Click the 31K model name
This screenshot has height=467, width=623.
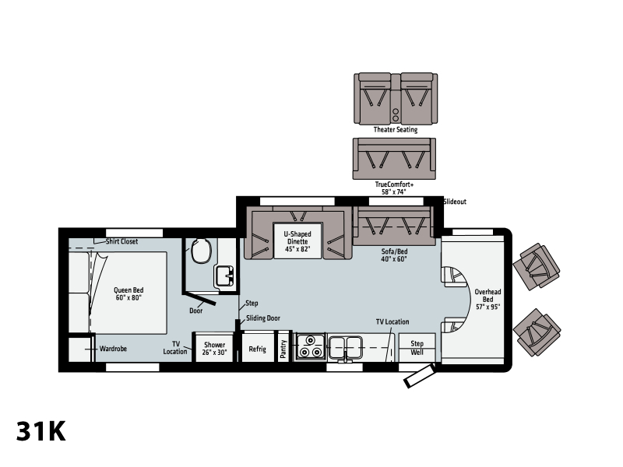pyautogui.click(x=41, y=431)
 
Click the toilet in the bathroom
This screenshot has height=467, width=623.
pyautogui.click(x=201, y=251)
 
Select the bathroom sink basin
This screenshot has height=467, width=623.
pyautogui.click(x=224, y=276)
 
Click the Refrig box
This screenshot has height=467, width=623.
pyautogui.click(x=258, y=348)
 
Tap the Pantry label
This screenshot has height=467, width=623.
pyautogui.click(x=283, y=349)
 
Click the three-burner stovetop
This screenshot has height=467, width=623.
pyautogui.click(x=310, y=346)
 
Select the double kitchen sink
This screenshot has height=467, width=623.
pyautogui.click(x=346, y=348)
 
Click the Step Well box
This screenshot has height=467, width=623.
pyautogui.click(x=417, y=348)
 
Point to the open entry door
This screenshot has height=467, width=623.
pyautogui.click(x=419, y=377)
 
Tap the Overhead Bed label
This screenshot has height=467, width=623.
pyautogui.click(x=488, y=299)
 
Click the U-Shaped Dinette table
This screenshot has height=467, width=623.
pyautogui.click(x=297, y=241)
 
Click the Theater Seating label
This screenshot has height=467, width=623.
pyautogui.click(x=396, y=129)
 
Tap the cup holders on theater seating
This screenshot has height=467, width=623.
pyautogui.click(x=396, y=114)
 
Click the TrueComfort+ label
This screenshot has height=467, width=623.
pyautogui.click(x=394, y=184)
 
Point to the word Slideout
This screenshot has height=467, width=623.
pyautogui.click(x=455, y=202)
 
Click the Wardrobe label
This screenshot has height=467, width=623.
pyautogui.click(x=113, y=349)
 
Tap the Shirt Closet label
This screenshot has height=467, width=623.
pyautogui.click(x=121, y=241)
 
